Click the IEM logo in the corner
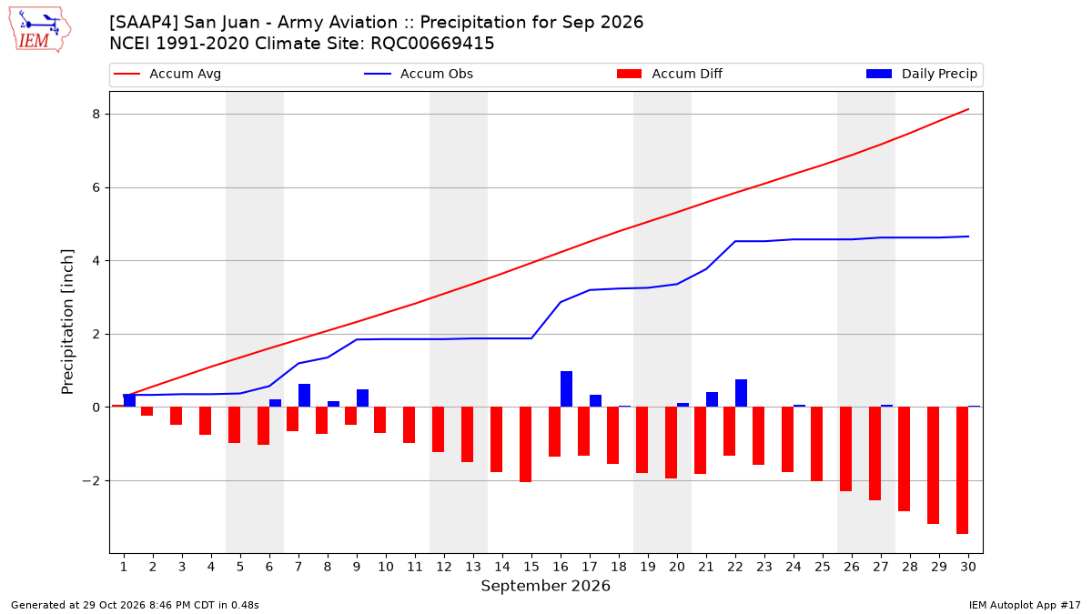coord(40,30)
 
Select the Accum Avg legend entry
coord(167,74)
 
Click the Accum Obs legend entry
coord(419,74)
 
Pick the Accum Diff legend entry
coord(670,74)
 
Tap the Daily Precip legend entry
coord(921,74)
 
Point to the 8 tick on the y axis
coord(96,114)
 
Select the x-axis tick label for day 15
coord(531,567)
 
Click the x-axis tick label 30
coord(968,567)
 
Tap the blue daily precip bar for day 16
coord(566,389)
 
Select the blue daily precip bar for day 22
coord(741,393)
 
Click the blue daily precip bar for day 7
coord(304,395)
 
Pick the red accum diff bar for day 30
coord(963,470)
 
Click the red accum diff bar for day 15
coord(526,445)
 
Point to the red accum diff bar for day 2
coord(147,411)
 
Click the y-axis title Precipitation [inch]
coord(67,322)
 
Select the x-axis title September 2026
coord(545,586)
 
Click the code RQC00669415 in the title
coord(432,44)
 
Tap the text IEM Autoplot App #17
coord(1025,605)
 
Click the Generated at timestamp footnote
coord(135,605)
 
